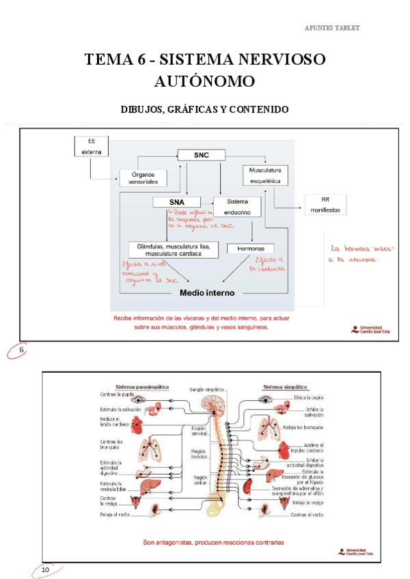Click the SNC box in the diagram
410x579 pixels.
pyautogui.click(x=201, y=156)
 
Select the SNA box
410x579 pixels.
pyautogui.click(x=176, y=202)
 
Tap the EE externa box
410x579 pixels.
pyautogui.click(x=91, y=147)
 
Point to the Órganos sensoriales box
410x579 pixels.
pyautogui.click(x=144, y=179)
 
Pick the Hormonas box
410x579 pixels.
pyautogui.click(x=251, y=249)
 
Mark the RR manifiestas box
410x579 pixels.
pyautogui.click(x=325, y=205)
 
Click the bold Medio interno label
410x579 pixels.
pyautogui.click(x=207, y=293)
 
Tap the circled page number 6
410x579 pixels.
pyautogui.click(x=21, y=351)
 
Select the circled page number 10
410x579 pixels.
pyautogui.click(x=46, y=569)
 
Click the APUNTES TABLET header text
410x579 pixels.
pyautogui.click(x=331, y=28)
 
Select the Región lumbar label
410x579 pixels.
pyautogui.click(x=200, y=480)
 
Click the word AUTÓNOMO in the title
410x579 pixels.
pyautogui.click(x=205, y=82)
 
